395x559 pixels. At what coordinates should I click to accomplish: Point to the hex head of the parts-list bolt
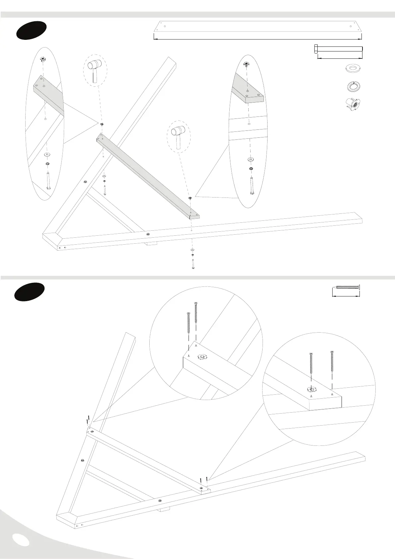coord(316,49)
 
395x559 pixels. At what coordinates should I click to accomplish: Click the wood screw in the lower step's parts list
coord(347,287)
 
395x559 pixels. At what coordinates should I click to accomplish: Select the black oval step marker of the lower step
coord(29,292)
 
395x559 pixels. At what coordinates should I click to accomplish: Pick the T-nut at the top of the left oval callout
coord(42,60)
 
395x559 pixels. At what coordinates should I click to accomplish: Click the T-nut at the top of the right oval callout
coord(246,64)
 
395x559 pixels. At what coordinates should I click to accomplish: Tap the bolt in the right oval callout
coord(251,186)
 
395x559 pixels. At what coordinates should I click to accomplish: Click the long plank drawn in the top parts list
coord(258,27)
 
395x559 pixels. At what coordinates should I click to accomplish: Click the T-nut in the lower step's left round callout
coord(201,357)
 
